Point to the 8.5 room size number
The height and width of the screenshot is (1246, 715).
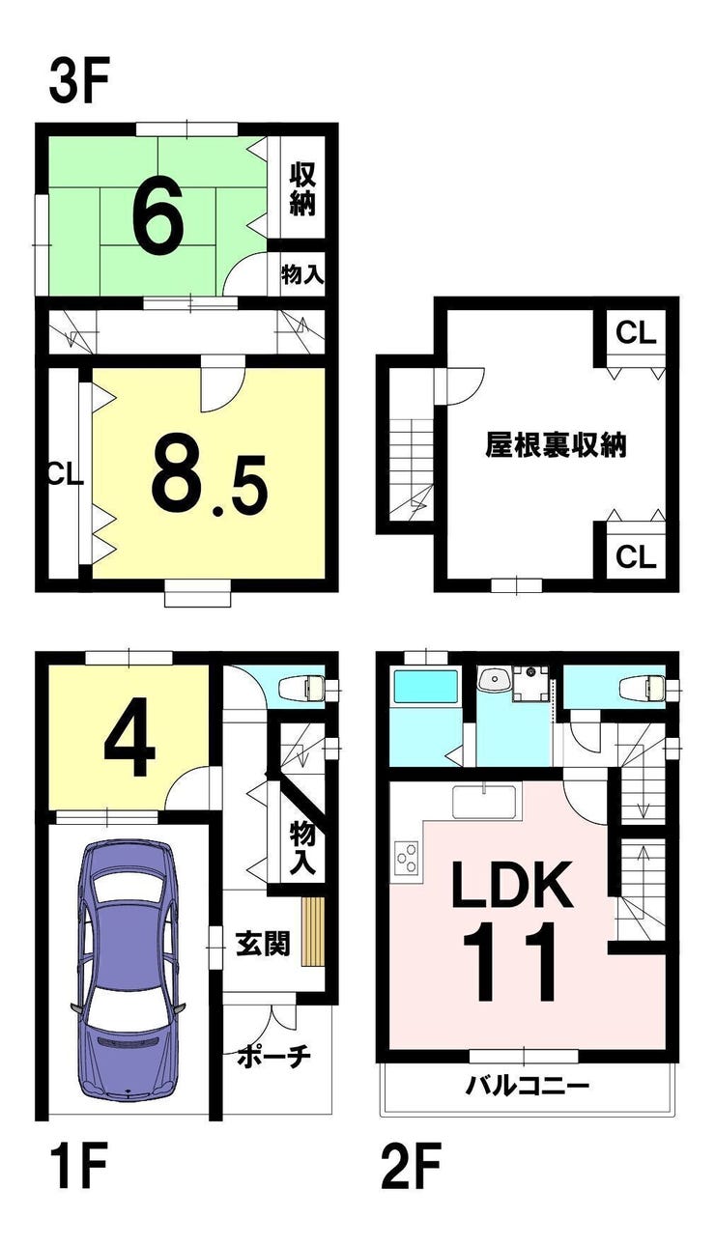tap(210, 483)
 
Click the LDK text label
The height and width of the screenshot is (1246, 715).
tap(512, 884)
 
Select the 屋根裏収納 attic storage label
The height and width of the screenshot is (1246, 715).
tap(557, 445)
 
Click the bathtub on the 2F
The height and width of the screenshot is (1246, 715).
tap(426, 686)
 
